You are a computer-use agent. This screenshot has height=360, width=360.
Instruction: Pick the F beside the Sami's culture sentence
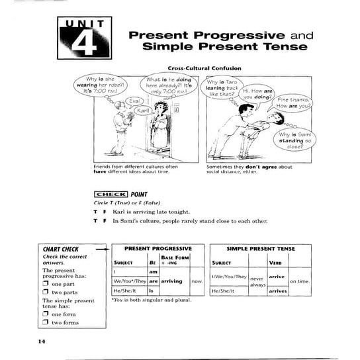point(105,221)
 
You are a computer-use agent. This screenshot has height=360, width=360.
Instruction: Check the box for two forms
point(46,322)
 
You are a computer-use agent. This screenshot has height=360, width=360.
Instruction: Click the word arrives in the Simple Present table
point(277,291)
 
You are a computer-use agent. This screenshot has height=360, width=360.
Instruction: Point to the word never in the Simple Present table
point(257,279)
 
